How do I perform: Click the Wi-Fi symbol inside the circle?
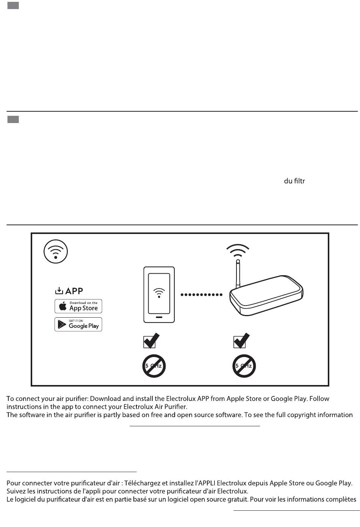(56, 252)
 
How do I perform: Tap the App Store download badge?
(78, 306)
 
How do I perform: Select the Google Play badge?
(78, 324)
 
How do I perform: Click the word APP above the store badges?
(74, 291)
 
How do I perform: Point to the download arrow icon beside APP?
(59, 291)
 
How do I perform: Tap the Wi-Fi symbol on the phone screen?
(159, 292)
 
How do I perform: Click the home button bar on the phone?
(159, 317)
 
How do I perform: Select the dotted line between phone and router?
(201, 295)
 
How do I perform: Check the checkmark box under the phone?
(151, 341)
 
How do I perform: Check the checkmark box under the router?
(241, 341)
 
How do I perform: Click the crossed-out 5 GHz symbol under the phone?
(154, 366)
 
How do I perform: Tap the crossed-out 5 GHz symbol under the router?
(244, 366)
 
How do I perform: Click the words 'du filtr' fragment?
(294, 181)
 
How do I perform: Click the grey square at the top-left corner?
(13, 5)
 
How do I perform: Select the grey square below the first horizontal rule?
(13, 120)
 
